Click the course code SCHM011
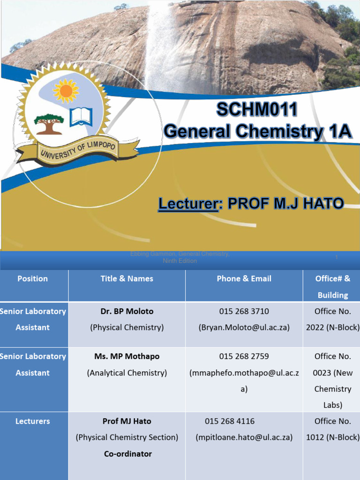[x=256, y=110]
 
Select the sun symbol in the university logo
[x=66, y=90]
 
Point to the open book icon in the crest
[x=81, y=117]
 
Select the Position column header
[x=32, y=278]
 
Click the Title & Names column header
[x=127, y=278]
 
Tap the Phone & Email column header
[x=244, y=278]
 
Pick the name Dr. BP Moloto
[x=127, y=311]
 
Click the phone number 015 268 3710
[x=244, y=311]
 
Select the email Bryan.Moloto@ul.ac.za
[x=244, y=328]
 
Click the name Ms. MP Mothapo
[x=127, y=356]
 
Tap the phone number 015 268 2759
[x=244, y=356]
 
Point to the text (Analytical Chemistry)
[x=127, y=373]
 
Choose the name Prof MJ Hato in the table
[x=127, y=421]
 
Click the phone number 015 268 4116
[x=230, y=421]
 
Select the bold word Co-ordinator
[x=127, y=454]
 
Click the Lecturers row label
[x=32, y=421]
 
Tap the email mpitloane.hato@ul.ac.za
[x=244, y=437]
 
